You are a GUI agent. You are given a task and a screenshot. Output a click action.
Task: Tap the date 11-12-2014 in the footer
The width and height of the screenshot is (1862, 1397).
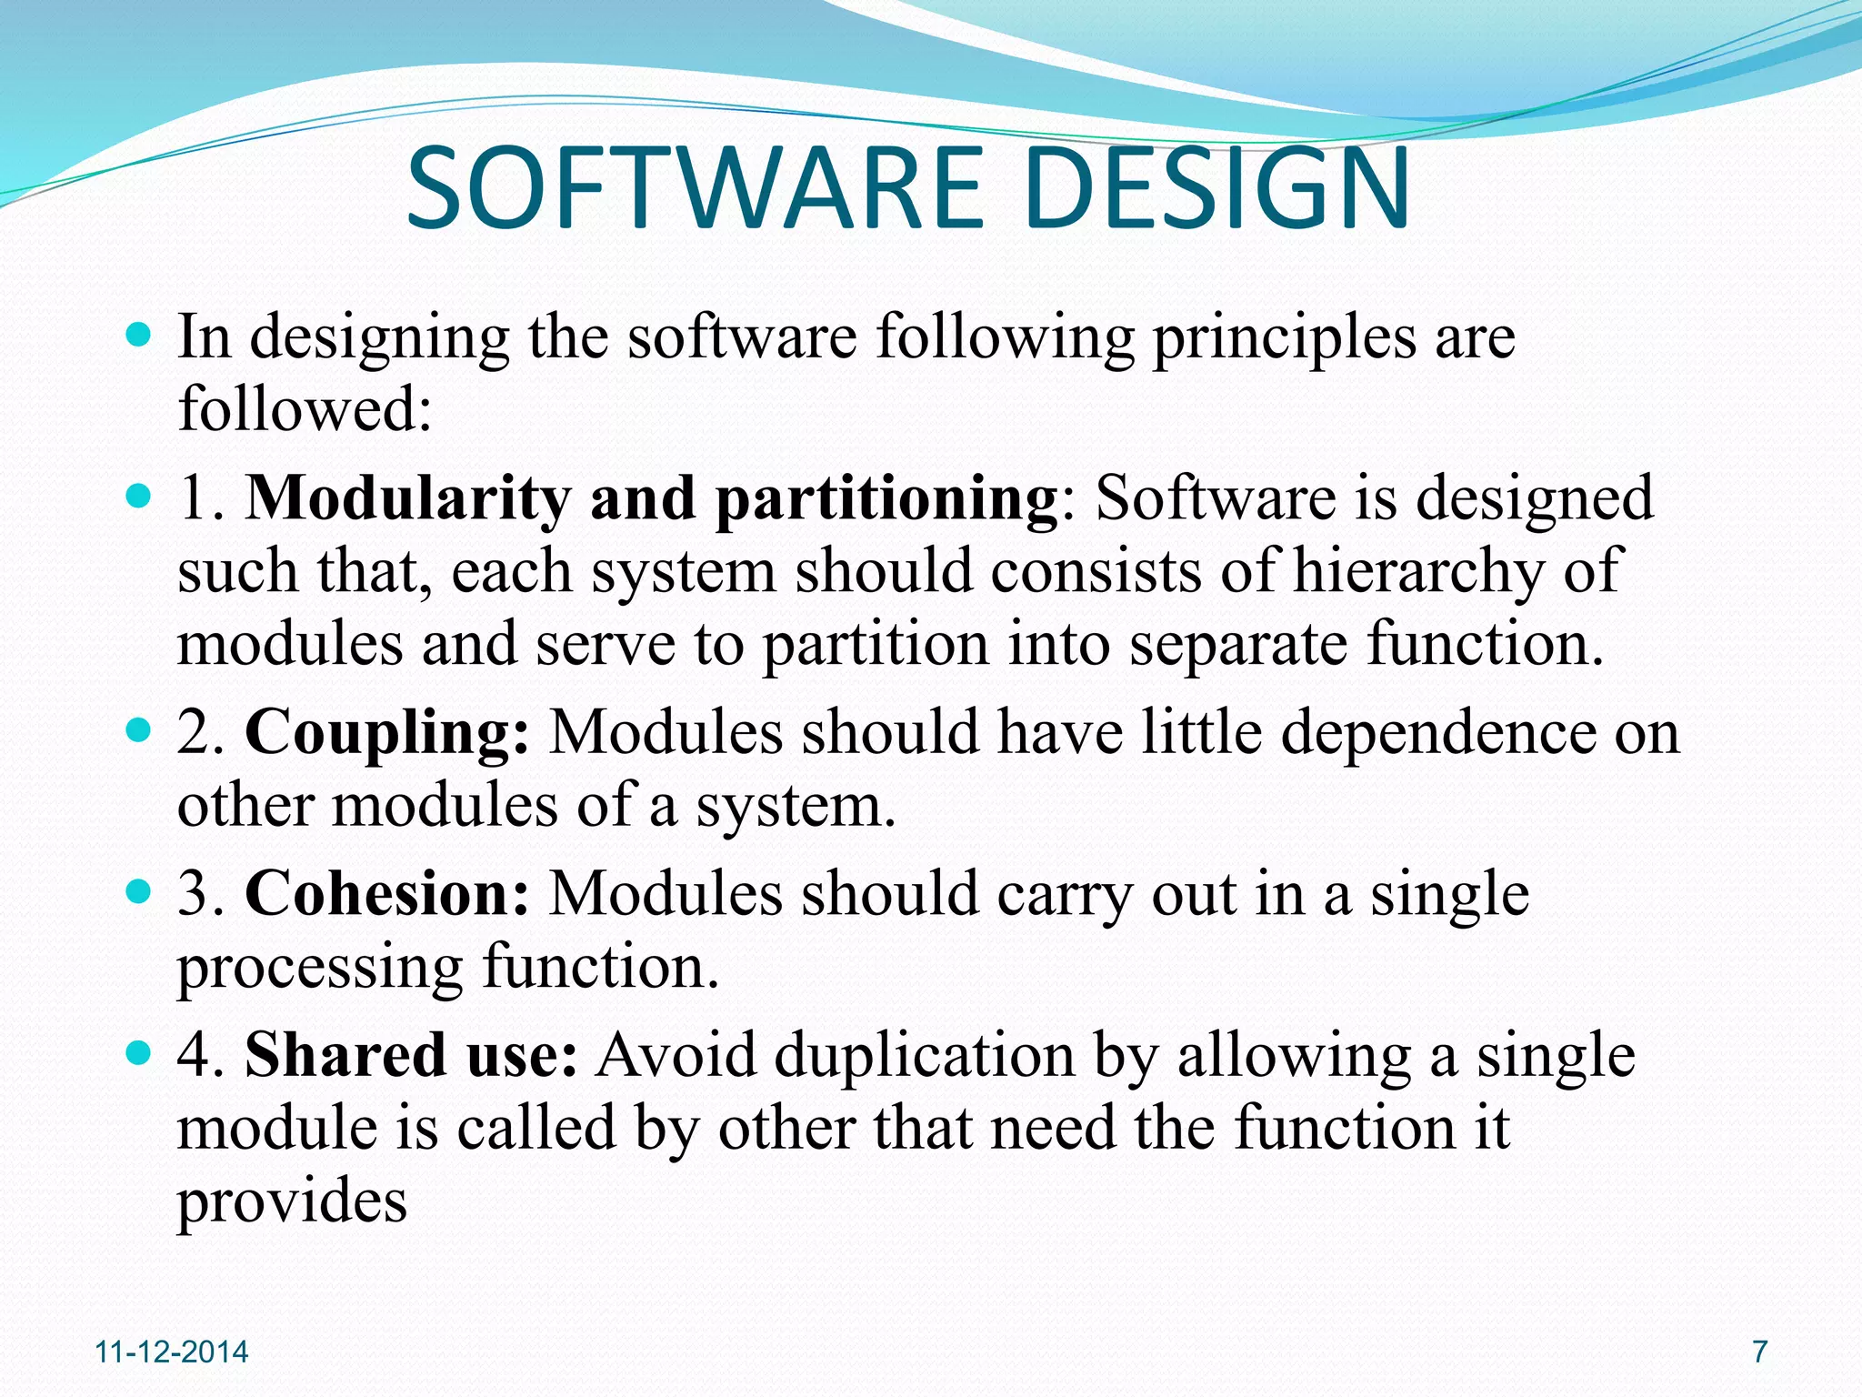pyautogui.click(x=172, y=1352)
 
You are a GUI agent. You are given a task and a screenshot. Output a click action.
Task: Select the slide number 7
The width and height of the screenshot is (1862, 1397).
pyautogui.click(x=1760, y=1352)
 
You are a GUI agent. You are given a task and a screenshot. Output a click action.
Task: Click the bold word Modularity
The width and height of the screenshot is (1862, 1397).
pyautogui.click(x=408, y=499)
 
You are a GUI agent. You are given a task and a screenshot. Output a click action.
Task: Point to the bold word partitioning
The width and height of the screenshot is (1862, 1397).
pyautogui.click(x=886, y=499)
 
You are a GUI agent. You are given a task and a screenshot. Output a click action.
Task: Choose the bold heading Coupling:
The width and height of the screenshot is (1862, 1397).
pyautogui.click(x=387, y=733)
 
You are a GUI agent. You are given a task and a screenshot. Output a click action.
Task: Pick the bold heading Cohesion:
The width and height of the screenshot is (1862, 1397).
pyautogui.click(x=387, y=894)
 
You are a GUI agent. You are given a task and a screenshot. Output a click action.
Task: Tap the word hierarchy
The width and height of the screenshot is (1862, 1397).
pyautogui.click(x=1418, y=572)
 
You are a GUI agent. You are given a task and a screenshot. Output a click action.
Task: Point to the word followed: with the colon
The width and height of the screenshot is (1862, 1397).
pyautogui.click(x=305, y=409)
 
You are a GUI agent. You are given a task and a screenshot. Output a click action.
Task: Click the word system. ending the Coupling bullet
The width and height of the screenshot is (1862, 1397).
pyautogui.click(x=796, y=806)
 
